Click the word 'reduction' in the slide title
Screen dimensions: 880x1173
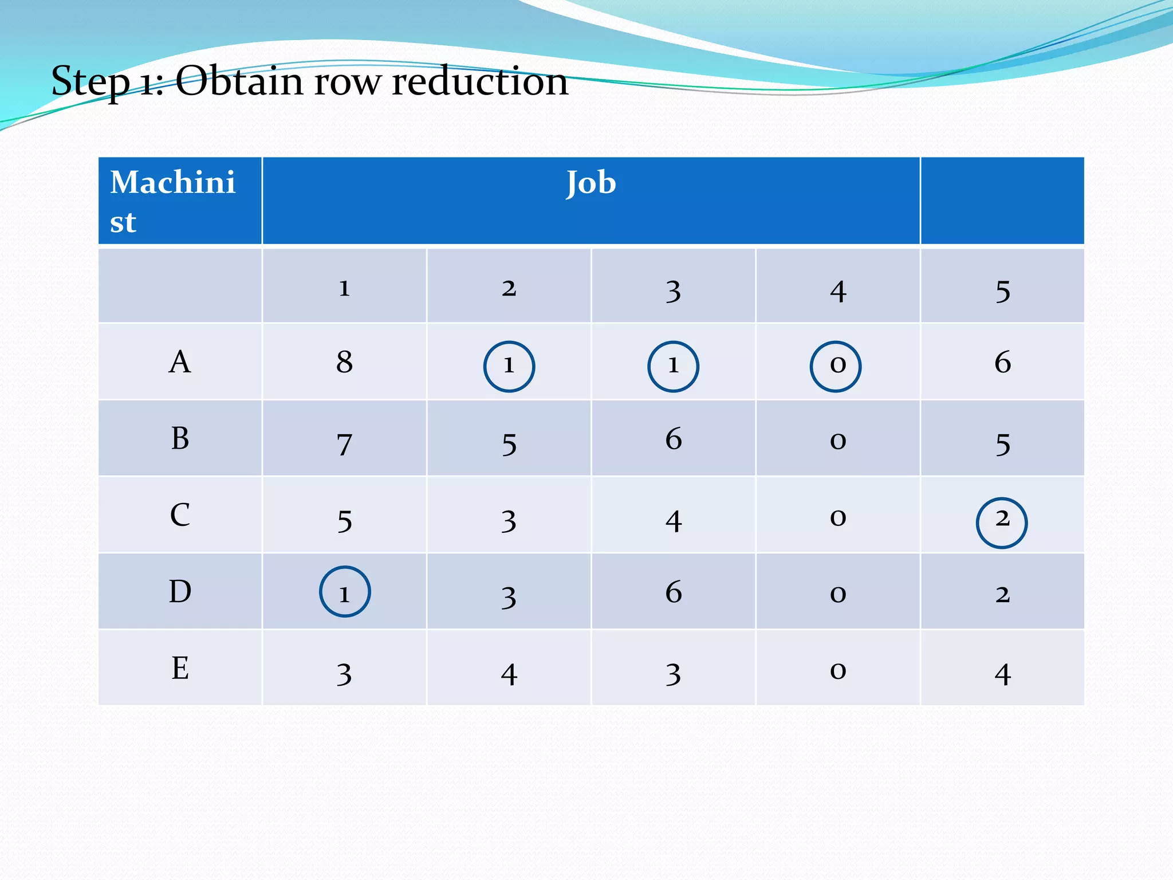click(x=480, y=81)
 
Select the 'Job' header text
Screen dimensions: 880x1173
click(x=591, y=183)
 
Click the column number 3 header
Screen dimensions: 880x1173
click(x=674, y=291)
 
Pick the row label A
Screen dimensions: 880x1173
click(x=180, y=362)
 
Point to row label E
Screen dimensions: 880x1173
click(x=180, y=668)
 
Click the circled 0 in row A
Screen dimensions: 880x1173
click(x=836, y=366)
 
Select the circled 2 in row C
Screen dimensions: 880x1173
click(x=1002, y=522)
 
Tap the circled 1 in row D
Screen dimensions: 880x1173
click(x=344, y=592)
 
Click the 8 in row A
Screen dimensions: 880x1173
click(x=344, y=362)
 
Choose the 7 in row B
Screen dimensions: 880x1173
click(x=344, y=444)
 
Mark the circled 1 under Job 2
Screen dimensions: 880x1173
click(x=509, y=366)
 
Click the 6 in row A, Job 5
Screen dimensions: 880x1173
click(x=1002, y=362)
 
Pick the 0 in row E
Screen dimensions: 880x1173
click(x=838, y=670)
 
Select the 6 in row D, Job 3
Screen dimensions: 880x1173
click(x=674, y=592)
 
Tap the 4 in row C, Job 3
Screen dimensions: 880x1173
click(x=674, y=521)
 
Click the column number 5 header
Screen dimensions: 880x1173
click(x=1002, y=291)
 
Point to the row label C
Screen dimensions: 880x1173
click(x=180, y=514)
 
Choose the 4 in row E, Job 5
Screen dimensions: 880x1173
click(x=1002, y=674)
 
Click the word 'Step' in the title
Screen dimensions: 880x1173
click(x=90, y=81)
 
